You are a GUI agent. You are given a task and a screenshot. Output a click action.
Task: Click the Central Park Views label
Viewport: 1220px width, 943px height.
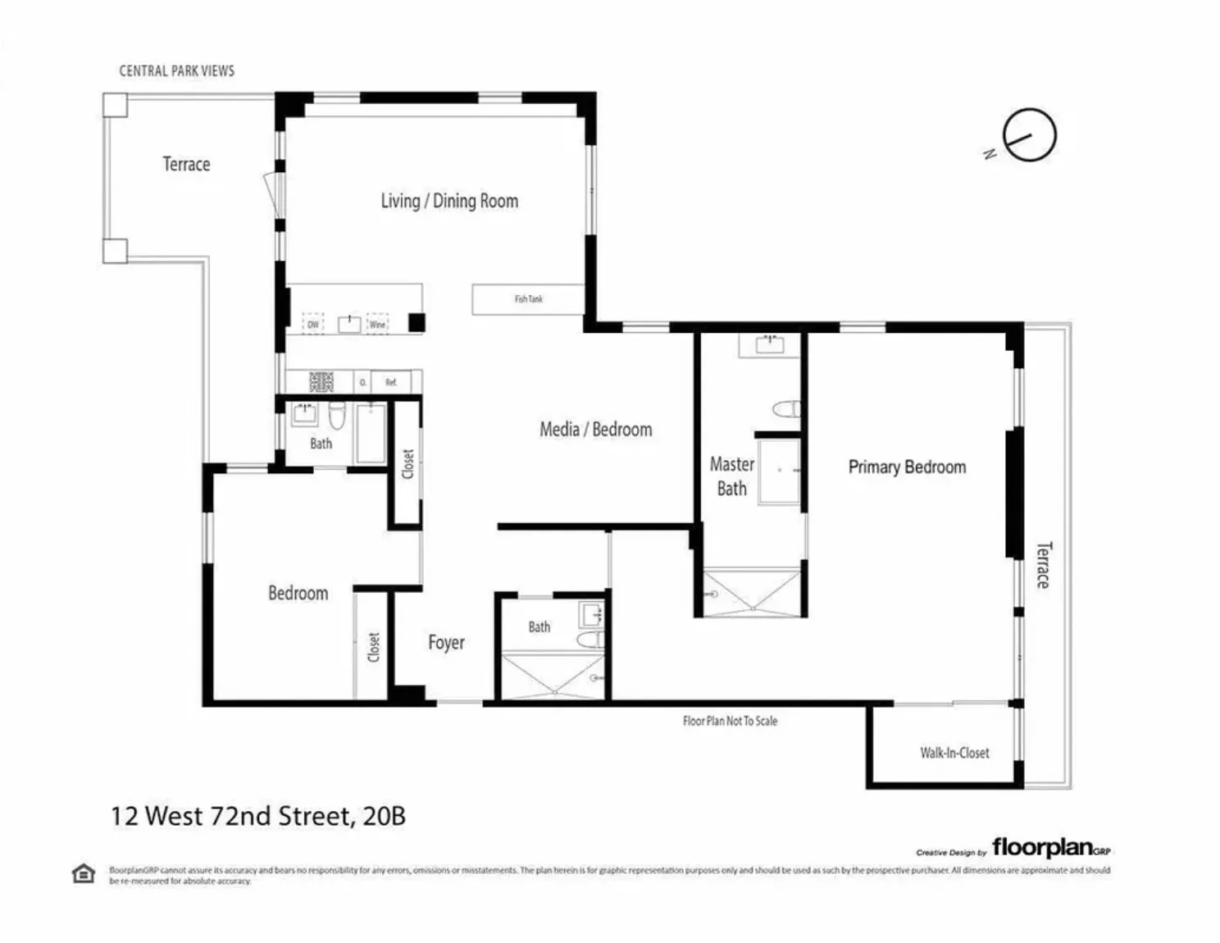pos(176,71)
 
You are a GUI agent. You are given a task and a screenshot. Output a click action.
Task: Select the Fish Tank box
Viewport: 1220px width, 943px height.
pos(528,299)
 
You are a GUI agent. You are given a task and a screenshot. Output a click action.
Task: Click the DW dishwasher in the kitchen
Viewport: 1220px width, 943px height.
pos(313,325)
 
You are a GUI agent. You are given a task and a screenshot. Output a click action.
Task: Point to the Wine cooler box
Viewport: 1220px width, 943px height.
pos(377,325)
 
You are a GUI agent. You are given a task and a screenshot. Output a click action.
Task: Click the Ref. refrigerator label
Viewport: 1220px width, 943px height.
pos(391,383)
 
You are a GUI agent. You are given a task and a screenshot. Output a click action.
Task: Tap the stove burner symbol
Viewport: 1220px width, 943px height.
pos(321,382)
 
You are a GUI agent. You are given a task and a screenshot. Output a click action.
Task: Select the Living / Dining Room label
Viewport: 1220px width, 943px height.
pos(449,202)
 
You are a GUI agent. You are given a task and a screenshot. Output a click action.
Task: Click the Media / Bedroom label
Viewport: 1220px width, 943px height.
pos(595,430)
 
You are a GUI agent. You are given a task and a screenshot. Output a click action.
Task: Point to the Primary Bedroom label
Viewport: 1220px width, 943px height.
pos(907,467)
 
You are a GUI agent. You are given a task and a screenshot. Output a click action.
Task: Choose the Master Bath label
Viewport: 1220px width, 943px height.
pos(731,476)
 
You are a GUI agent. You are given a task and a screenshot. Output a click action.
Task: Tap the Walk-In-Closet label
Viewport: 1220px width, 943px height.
pos(954,753)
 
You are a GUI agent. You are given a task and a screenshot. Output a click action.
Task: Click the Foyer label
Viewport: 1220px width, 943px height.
pos(446,643)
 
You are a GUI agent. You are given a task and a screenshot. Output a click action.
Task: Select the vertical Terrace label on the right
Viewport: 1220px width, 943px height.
pos(1042,565)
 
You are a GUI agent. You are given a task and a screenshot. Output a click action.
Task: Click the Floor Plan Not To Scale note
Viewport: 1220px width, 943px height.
pos(730,722)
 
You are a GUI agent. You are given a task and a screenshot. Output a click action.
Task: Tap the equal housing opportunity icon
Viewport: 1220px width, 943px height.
pos(84,874)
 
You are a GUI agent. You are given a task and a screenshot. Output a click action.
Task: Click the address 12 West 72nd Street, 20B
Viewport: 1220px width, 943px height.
pos(258,817)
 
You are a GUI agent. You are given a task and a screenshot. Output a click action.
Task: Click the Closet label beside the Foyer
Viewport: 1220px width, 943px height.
pos(374,647)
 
